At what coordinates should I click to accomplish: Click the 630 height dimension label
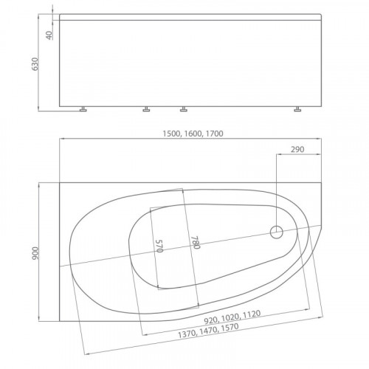35,64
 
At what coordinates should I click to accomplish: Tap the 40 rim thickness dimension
49,35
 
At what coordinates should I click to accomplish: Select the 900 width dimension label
35,253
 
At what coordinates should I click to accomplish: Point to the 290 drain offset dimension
297,149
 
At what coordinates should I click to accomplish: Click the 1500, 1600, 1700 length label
193,134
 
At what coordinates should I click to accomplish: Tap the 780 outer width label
195,243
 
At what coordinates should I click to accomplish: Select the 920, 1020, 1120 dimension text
232,317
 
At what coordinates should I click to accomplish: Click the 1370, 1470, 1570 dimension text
208,331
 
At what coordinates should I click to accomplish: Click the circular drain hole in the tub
276,232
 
